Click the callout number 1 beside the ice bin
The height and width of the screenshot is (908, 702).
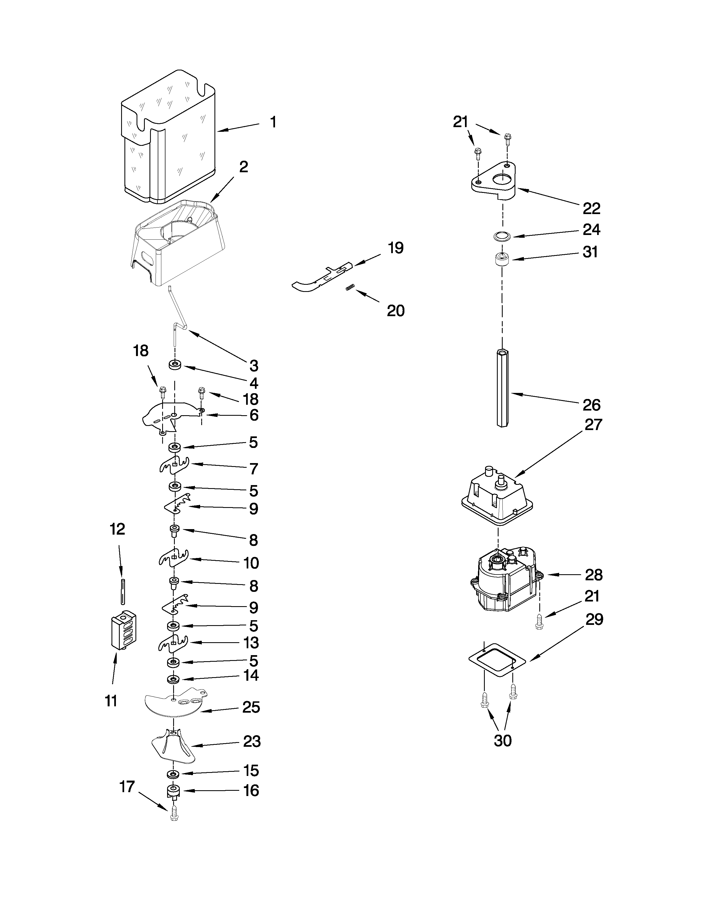[x=273, y=122]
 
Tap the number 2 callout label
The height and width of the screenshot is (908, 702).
[x=243, y=167]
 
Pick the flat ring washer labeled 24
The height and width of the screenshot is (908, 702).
[x=502, y=237]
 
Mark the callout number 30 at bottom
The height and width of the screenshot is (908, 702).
[x=502, y=740]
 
